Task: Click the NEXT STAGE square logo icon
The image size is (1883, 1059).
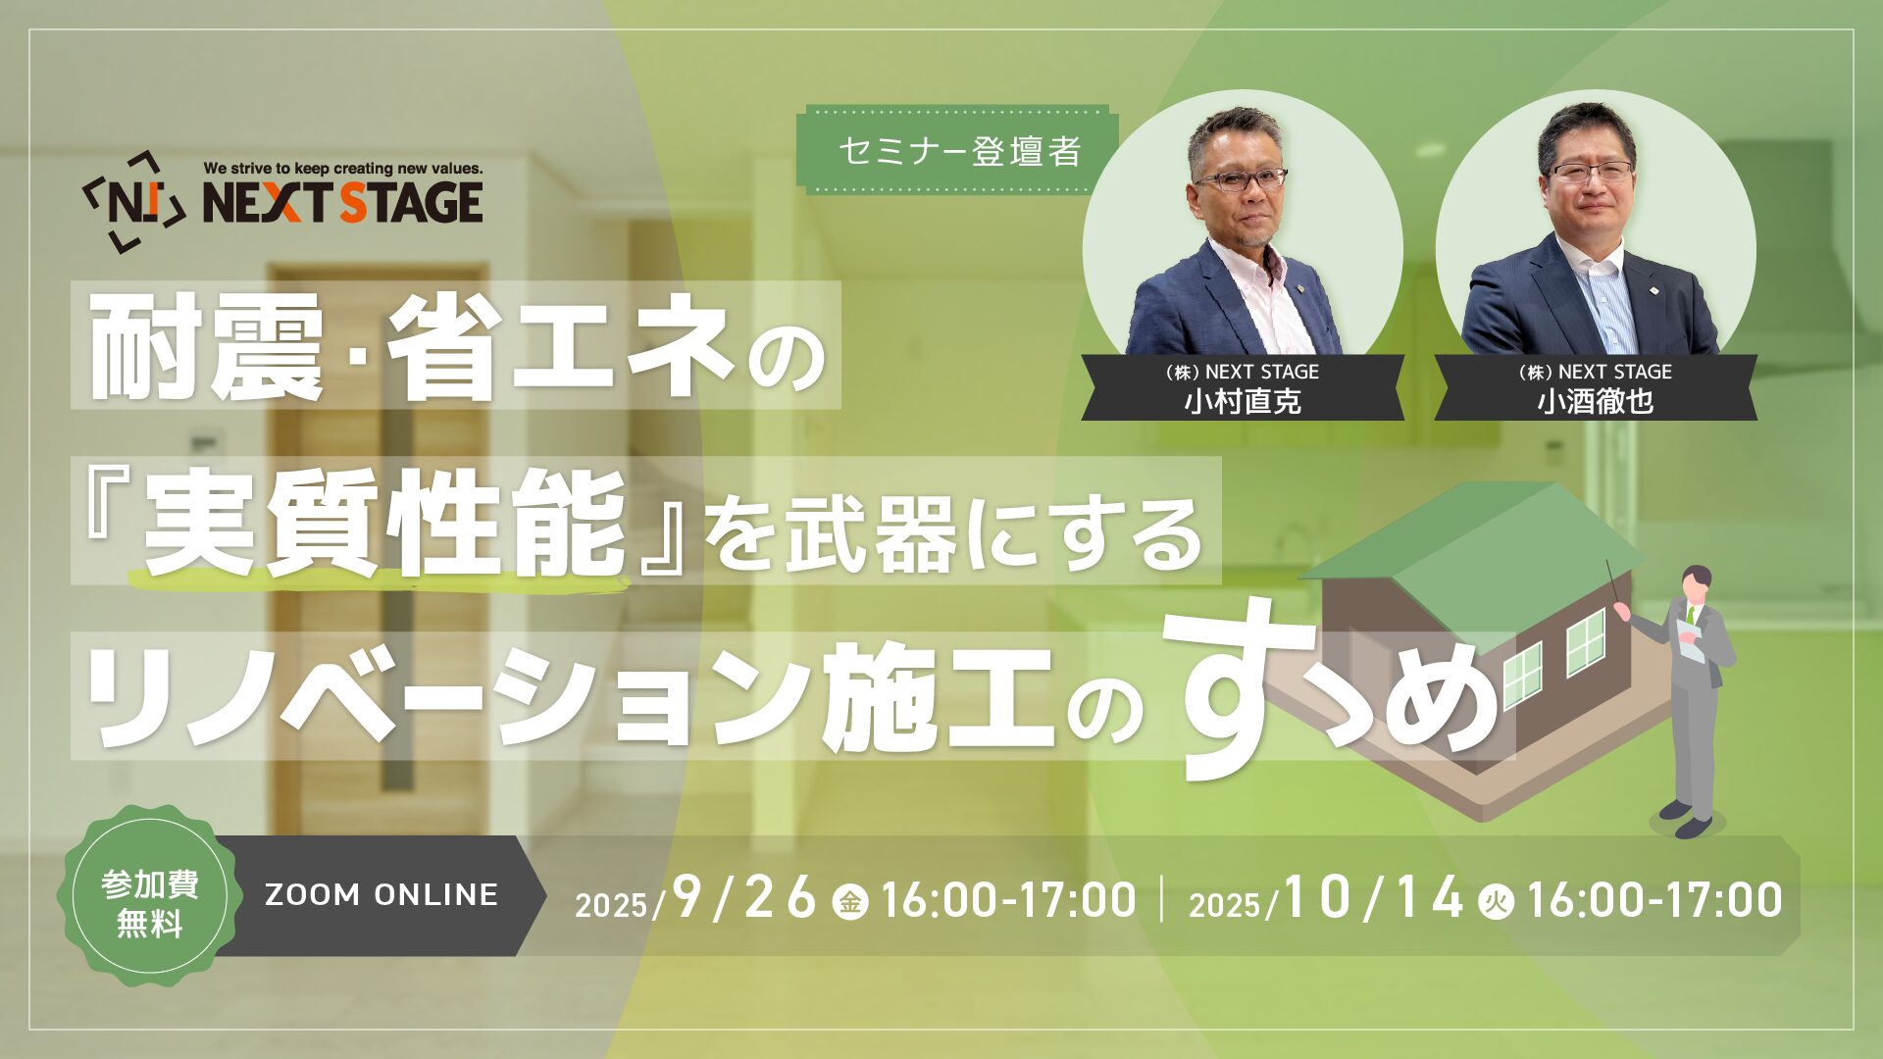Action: click(x=134, y=202)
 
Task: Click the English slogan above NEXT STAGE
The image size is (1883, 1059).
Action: click(x=343, y=169)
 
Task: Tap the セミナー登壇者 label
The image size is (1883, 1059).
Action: click(x=960, y=151)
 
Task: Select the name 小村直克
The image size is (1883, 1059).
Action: click(x=1243, y=401)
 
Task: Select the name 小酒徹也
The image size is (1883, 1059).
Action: click(x=1596, y=401)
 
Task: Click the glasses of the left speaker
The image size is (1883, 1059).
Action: click(x=1241, y=179)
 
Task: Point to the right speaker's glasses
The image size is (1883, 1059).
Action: click(x=1591, y=171)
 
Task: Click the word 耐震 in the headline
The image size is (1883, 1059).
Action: click(x=207, y=346)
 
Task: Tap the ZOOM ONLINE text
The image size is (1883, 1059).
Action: click(x=382, y=894)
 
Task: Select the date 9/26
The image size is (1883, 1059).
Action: click(x=744, y=897)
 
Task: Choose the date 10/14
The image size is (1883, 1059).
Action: click(x=1373, y=897)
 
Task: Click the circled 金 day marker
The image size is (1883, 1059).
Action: click(x=850, y=901)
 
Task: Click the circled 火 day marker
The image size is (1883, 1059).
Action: click(x=1496, y=901)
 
